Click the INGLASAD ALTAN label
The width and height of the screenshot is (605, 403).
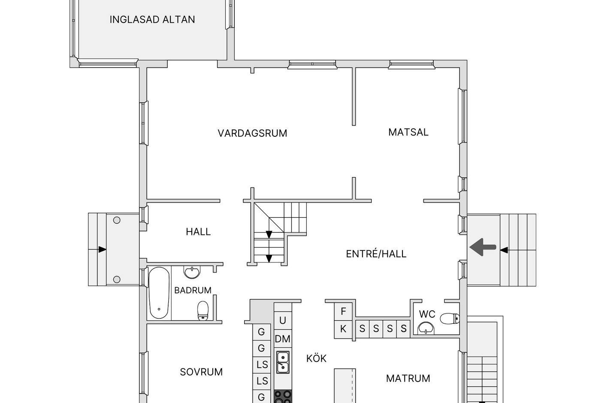(x=152, y=19)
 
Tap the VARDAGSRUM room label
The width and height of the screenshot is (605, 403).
(x=252, y=133)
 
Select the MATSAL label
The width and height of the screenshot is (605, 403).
(x=408, y=132)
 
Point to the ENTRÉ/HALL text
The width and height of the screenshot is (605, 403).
(x=376, y=254)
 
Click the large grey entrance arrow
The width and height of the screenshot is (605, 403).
(x=483, y=247)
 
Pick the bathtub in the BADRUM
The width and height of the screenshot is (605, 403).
(x=159, y=293)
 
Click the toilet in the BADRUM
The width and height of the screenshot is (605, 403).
(x=203, y=310)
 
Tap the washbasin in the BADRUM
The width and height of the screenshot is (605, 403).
(x=192, y=272)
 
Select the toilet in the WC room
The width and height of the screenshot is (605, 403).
(x=450, y=318)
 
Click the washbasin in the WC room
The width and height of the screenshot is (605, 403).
(x=426, y=328)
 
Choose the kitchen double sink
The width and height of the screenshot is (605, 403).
(x=283, y=362)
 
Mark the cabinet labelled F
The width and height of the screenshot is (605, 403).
(x=343, y=311)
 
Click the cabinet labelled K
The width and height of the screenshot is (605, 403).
(x=343, y=329)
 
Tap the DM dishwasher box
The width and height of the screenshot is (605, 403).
(x=283, y=339)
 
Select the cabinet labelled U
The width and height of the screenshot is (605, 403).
(x=283, y=320)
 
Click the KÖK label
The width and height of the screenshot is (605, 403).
(x=316, y=358)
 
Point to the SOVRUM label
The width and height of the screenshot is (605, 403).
(x=201, y=372)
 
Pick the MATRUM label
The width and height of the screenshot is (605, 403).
(x=408, y=379)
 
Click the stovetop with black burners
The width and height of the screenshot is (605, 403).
(x=283, y=397)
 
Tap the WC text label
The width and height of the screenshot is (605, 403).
(x=427, y=314)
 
